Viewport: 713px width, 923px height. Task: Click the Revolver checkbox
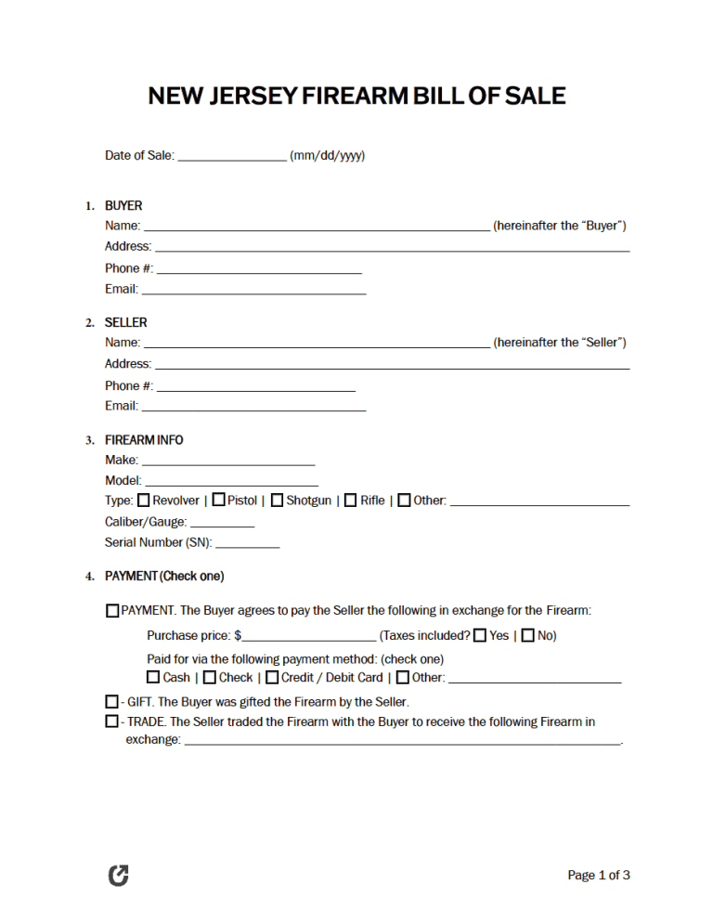click(143, 500)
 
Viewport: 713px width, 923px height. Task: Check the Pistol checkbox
click(218, 500)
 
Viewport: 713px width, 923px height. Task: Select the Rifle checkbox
click(350, 500)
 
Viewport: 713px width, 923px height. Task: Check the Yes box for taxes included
click(480, 636)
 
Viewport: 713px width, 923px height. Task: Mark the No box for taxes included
click(527, 636)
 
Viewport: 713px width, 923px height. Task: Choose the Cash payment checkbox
click(153, 677)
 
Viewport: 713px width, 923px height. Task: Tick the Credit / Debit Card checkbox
click(272, 677)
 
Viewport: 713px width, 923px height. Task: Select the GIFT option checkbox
click(112, 701)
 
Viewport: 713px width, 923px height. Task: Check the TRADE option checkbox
click(112, 721)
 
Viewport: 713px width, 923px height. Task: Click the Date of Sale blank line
click(231, 157)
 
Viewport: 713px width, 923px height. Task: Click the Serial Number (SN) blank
click(247, 543)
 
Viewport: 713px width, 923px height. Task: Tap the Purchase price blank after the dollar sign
click(309, 637)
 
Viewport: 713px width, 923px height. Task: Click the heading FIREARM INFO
click(144, 440)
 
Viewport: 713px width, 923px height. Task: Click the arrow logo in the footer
click(119, 875)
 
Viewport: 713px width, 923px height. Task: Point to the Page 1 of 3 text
click(599, 875)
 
